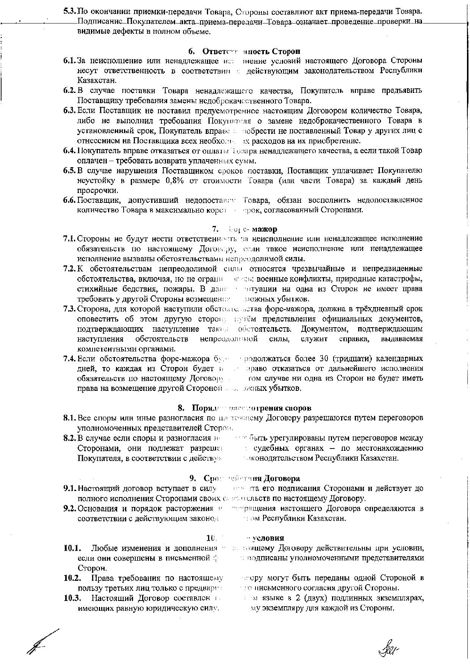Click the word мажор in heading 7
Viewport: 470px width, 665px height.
(266, 229)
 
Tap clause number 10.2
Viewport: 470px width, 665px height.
(71, 578)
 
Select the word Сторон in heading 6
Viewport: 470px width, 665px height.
(288, 51)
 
